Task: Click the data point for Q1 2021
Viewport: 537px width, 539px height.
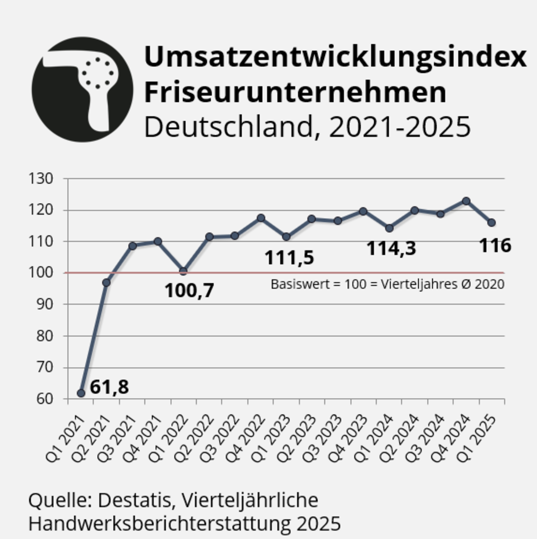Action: [x=81, y=393]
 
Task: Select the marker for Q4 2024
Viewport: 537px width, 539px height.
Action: [x=466, y=201]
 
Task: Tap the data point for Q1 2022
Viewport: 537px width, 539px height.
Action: [x=183, y=271]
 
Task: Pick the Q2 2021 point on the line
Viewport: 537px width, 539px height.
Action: [x=106, y=282]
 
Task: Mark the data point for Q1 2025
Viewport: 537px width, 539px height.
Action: [x=491, y=222]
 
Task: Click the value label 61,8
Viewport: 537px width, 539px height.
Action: [x=109, y=387]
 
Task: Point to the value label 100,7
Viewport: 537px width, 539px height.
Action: [x=189, y=290]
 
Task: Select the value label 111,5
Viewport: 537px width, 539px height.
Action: [x=289, y=258]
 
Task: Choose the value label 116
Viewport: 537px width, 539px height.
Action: [x=495, y=245]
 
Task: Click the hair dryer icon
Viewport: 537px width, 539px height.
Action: [x=82, y=89]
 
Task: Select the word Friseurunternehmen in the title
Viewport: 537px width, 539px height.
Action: [x=295, y=92]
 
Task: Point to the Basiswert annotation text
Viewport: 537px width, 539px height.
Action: [x=387, y=284]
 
